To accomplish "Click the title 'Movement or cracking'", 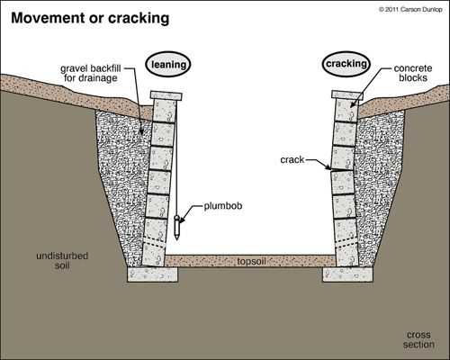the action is point(90,18).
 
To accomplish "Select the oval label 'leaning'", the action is point(168,64).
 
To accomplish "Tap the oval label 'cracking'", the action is point(346,64).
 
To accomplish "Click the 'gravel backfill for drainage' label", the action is point(90,73).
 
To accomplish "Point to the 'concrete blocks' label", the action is point(413,73).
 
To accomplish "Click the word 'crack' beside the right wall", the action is point(292,160).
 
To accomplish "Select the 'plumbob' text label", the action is point(223,206).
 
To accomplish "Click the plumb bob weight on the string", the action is point(177,228).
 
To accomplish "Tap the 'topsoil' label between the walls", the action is point(251,261).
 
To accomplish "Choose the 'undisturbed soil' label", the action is point(62,260).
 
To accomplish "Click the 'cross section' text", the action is point(418,339).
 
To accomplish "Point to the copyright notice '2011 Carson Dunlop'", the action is point(410,10).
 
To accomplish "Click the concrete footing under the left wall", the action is point(153,274).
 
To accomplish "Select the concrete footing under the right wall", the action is point(347,274).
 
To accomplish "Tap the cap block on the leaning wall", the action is point(166,95).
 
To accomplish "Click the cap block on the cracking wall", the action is point(347,94).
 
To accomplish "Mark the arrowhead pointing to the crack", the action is point(328,167).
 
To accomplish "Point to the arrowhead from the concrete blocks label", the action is point(353,105).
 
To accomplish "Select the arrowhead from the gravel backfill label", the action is point(141,130).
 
